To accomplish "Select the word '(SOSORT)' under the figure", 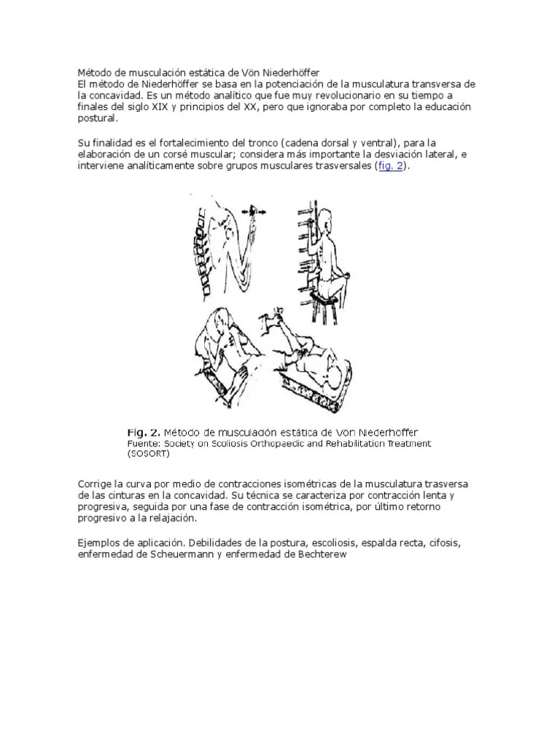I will tap(149, 453).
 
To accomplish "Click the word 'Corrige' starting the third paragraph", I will tap(96, 485).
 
